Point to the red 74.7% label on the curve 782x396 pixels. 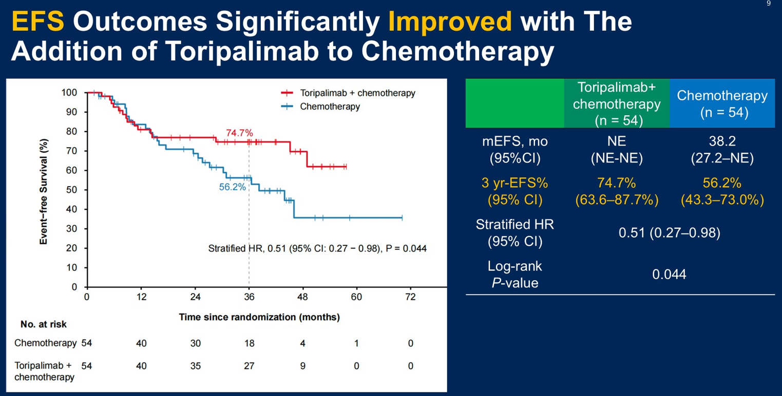tap(239, 133)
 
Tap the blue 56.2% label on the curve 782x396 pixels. tap(232, 187)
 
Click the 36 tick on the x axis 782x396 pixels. tap(249, 297)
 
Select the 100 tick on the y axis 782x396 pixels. tap(69, 93)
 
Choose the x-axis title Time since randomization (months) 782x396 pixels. tap(259, 317)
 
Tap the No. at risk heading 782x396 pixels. tap(44, 325)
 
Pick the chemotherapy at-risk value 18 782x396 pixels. tap(249, 344)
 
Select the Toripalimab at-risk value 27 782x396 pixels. tap(249, 366)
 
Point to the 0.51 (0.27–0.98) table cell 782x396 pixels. tap(669, 233)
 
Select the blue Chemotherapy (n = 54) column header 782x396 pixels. tap(722, 104)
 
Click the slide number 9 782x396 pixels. tap(769, 4)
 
